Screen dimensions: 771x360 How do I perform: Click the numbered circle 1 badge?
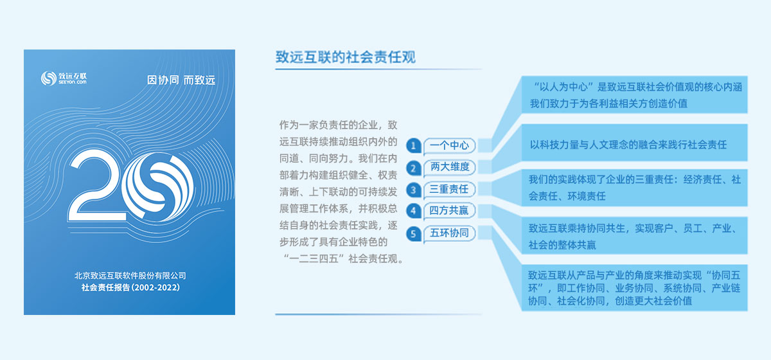[413, 146]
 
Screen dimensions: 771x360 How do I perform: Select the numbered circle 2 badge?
[413, 168]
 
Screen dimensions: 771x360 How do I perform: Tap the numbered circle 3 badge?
[413, 190]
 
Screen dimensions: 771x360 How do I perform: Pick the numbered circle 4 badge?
[413, 211]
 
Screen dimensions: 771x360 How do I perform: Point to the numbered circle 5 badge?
[413, 234]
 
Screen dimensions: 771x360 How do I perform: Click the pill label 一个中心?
[450, 145]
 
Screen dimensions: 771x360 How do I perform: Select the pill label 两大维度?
[450, 167]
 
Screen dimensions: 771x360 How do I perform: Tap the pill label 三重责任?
[450, 189]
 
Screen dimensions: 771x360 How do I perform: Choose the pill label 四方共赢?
[450, 210]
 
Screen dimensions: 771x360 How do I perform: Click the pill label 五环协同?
[450, 233]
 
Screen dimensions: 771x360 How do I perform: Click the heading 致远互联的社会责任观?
[346, 57]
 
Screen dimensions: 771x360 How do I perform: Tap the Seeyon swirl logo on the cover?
[49, 78]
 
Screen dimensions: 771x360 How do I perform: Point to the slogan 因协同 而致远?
[181, 80]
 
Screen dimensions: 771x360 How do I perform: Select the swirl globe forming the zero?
[158, 186]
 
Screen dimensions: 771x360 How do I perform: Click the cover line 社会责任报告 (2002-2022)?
[130, 287]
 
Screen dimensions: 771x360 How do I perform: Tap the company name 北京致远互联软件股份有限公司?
[130, 276]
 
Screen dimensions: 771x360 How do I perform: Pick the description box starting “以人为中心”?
[634, 94]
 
